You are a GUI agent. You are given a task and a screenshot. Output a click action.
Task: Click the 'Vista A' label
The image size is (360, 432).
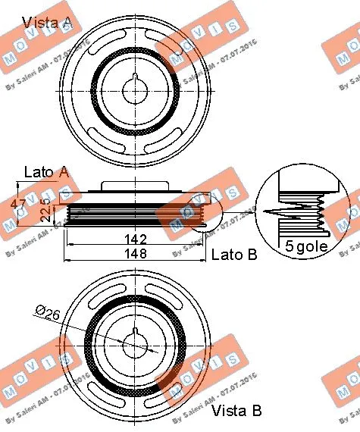click(47, 23)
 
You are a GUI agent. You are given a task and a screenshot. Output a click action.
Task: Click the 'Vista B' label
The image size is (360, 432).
click(236, 411)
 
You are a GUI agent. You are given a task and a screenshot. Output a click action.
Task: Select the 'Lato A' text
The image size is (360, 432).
click(47, 173)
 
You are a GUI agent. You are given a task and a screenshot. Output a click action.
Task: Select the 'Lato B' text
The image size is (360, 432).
click(233, 255)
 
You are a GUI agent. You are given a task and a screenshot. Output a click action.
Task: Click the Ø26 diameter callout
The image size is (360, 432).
click(46, 311)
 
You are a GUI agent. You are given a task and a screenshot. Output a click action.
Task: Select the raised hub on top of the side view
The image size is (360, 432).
click(135, 188)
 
